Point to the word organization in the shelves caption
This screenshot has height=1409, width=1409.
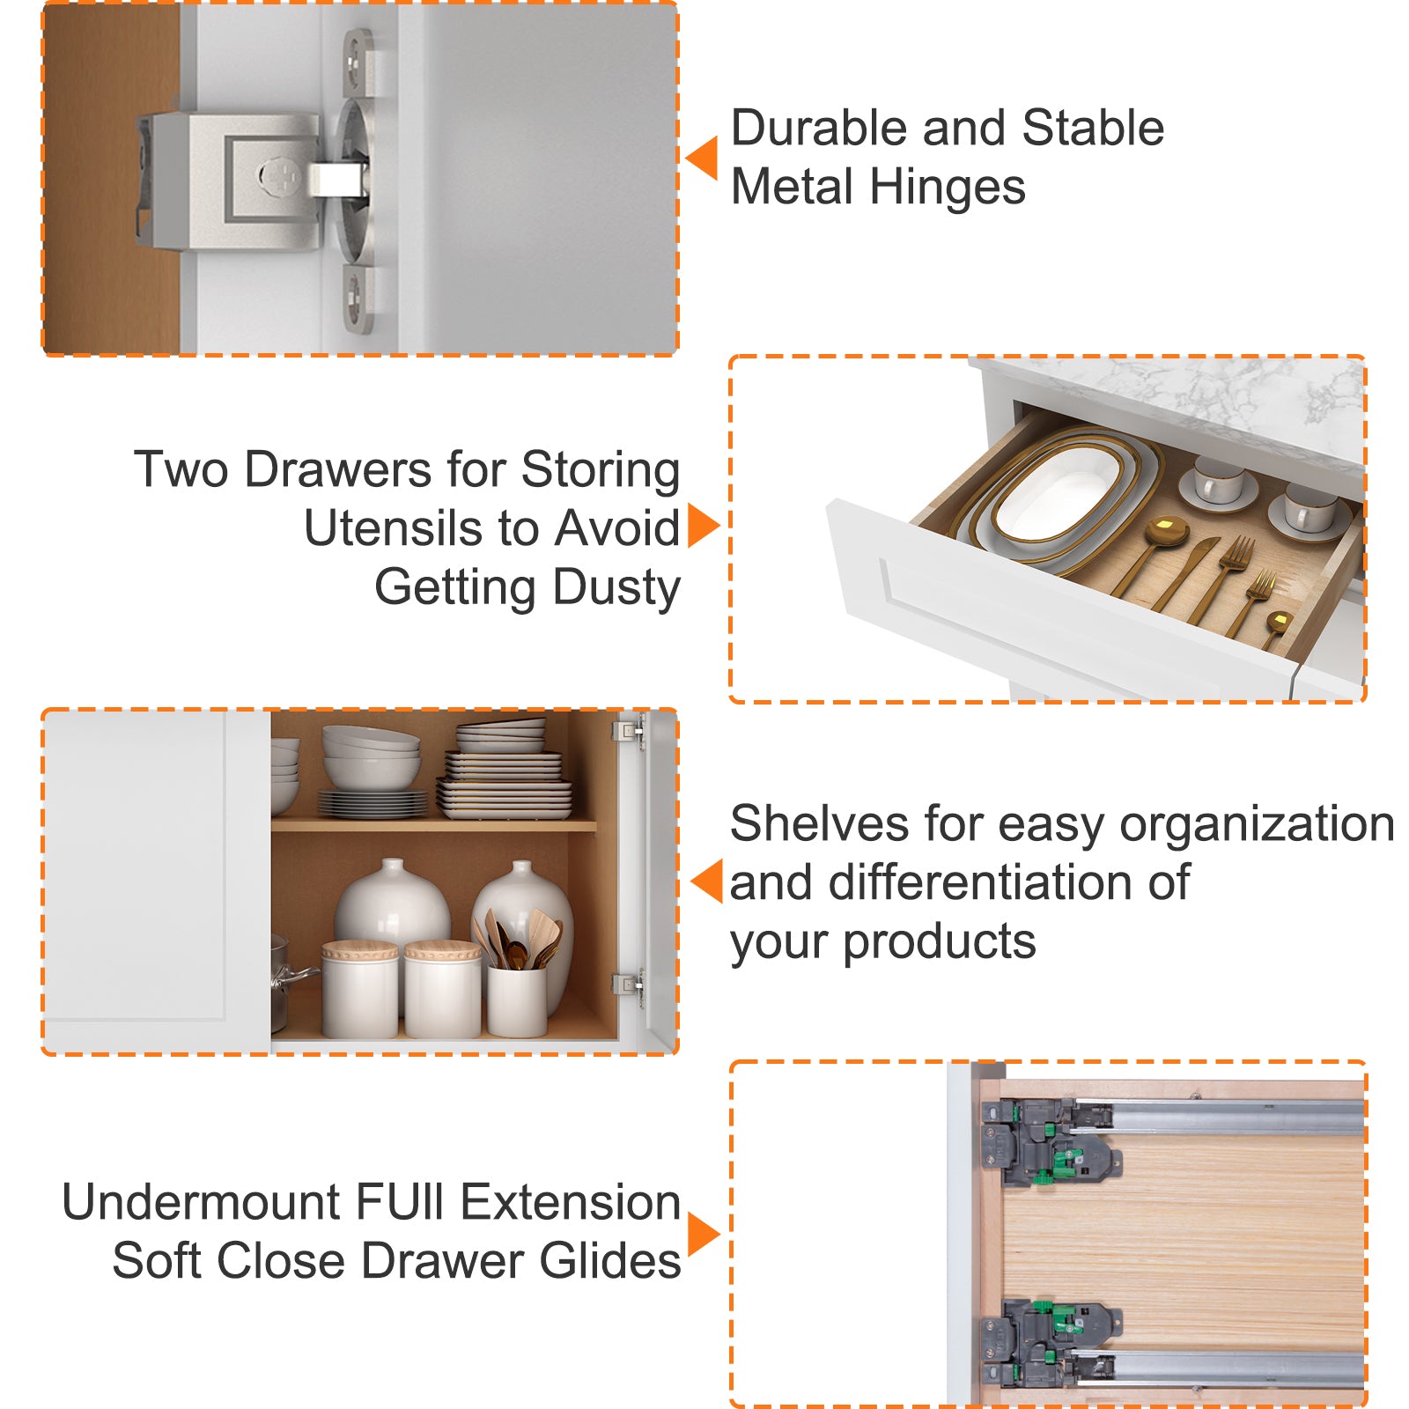click(x=1257, y=826)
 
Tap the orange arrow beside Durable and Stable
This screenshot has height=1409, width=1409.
click(x=702, y=159)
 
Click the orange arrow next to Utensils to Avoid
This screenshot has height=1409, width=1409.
click(x=704, y=526)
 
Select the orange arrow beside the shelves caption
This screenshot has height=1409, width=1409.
click(x=707, y=881)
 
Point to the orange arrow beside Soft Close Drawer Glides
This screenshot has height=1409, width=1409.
click(x=704, y=1234)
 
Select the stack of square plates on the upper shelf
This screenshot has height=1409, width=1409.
click(x=504, y=769)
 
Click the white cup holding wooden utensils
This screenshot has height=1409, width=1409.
click(x=518, y=1000)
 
